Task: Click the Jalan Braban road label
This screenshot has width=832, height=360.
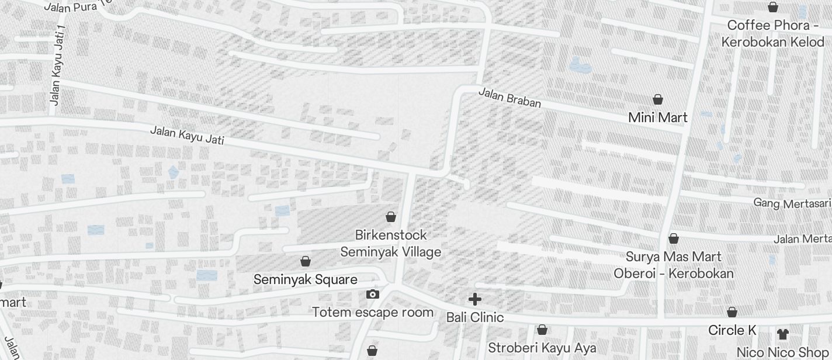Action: coord(509,98)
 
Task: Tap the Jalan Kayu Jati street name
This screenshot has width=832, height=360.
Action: coord(186,135)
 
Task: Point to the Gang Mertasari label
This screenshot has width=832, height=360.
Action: coord(792,203)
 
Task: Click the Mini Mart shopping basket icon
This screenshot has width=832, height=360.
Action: coord(658,99)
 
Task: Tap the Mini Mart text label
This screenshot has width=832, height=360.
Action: coord(658,117)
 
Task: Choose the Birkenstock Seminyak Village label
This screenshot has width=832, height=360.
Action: coord(391,243)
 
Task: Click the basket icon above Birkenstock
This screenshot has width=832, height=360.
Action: coord(391,217)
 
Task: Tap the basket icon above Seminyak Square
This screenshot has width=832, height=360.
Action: coord(305,261)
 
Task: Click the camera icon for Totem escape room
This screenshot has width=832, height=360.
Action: coord(372,294)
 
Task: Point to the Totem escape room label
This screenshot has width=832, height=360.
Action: coord(373,312)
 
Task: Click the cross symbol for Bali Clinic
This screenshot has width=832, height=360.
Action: coord(475,299)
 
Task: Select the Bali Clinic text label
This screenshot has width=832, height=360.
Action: coord(475,317)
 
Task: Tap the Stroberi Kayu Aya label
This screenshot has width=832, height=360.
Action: coord(542,348)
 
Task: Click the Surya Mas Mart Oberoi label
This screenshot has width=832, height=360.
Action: coord(674,265)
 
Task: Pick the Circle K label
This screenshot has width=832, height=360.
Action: coord(732,330)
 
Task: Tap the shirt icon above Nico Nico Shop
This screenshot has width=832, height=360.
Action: coord(782,334)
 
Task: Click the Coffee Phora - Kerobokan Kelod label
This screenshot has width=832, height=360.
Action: coord(772,33)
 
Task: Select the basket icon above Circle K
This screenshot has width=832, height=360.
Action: coord(732,312)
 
